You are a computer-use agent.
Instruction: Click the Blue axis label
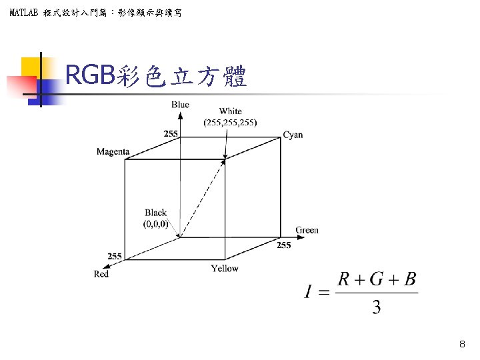[x=180, y=105]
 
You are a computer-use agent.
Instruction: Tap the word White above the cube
[x=230, y=111]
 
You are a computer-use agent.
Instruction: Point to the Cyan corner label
[x=293, y=135]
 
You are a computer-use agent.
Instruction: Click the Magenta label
[x=113, y=152]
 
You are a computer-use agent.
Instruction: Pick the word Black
[x=155, y=213]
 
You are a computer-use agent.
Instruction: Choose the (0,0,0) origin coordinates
[x=155, y=224]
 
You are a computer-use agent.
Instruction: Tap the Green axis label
[x=307, y=230]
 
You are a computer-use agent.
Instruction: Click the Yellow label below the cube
[x=225, y=268]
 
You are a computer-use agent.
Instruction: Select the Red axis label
[x=101, y=274]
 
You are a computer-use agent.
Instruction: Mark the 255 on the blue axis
[x=171, y=134]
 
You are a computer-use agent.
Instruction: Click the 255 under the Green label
[x=284, y=245]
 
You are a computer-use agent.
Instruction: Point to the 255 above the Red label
[x=115, y=257]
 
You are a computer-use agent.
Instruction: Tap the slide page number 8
[x=462, y=345]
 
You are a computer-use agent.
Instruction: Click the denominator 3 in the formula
[x=377, y=308]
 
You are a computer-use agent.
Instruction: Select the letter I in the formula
[x=309, y=292]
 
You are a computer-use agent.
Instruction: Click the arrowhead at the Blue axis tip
[x=180, y=114]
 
